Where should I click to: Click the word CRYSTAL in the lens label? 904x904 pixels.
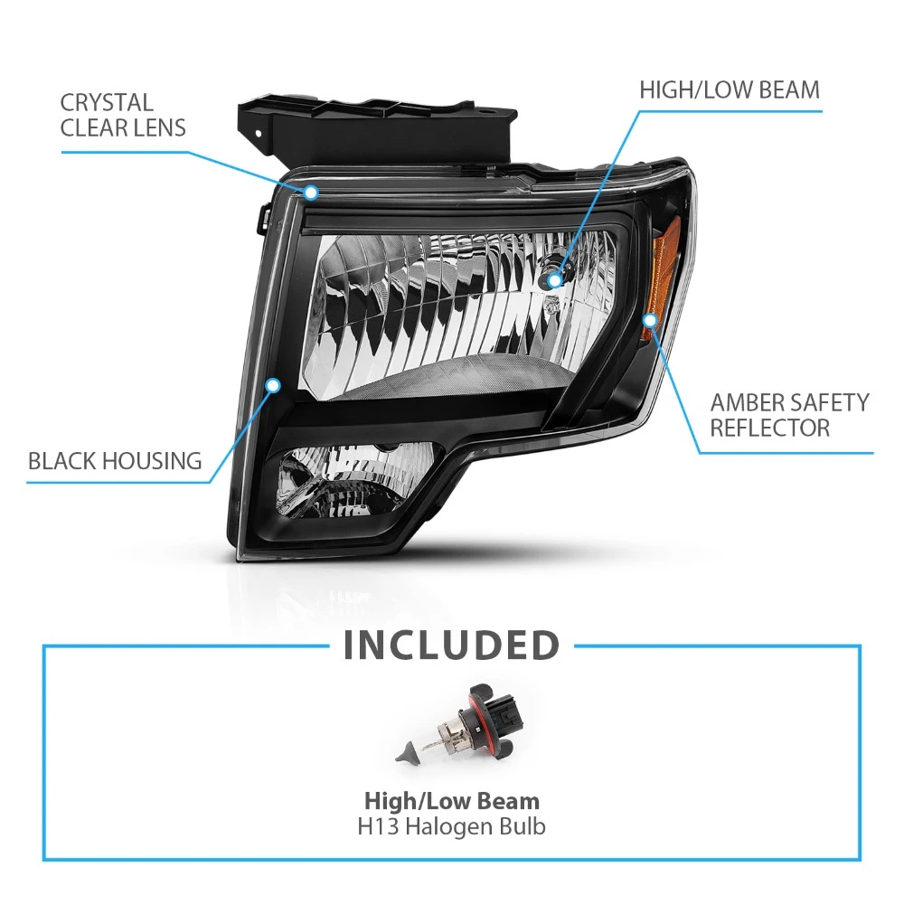click(107, 103)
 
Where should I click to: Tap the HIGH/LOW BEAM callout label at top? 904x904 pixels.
click(730, 89)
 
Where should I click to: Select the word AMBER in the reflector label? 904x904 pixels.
click(747, 402)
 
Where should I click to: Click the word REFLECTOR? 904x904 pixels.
click(769, 428)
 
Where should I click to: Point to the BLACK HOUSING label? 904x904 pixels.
click(115, 461)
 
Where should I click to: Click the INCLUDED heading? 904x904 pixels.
click(451, 645)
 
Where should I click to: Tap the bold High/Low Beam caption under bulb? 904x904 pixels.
click(451, 801)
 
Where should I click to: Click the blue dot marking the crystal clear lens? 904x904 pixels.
click(311, 192)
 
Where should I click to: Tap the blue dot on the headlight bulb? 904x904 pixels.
click(554, 281)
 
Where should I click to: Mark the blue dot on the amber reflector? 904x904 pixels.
click(650, 320)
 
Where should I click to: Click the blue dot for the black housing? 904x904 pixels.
click(273, 385)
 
